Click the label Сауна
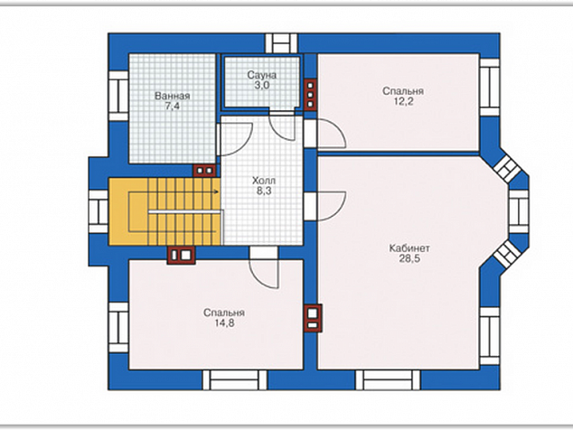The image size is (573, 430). tap(262, 75)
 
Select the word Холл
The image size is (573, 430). tap(264, 181)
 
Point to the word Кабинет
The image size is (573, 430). tap(409, 248)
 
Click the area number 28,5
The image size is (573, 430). tap(409, 258)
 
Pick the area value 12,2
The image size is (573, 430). tap(403, 101)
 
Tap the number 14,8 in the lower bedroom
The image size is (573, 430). tap(224, 323)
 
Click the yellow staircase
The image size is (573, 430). tap(164, 211)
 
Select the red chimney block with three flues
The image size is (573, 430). tap(310, 94)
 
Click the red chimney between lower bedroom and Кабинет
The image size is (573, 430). tap(314, 318)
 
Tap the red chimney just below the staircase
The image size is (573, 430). tap(182, 255)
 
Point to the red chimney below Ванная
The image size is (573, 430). tap(204, 170)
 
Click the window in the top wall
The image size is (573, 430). tap(281, 43)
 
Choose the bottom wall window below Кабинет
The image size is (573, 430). tap(388, 380)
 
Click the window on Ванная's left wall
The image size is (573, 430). tap(118, 96)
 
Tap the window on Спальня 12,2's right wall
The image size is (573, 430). tap(489, 87)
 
